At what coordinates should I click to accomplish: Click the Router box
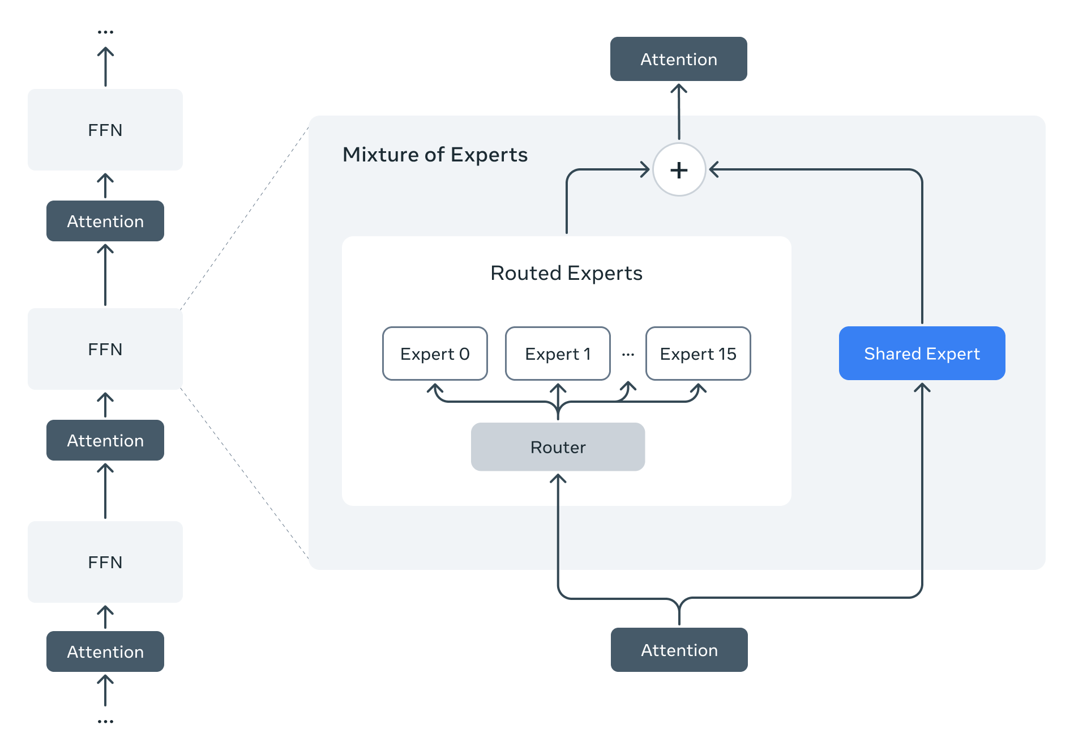pyautogui.click(x=558, y=447)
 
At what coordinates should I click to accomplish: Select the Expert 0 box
pyautogui.click(x=435, y=354)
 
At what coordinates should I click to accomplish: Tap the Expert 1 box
pyautogui.click(x=558, y=354)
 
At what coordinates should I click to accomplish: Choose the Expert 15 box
pyautogui.click(x=698, y=354)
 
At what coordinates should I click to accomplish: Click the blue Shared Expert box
pyautogui.click(x=922, y=354)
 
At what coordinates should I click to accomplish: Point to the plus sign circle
pyautogui.click(x=679, y=169)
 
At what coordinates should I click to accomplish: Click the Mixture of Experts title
pyautogui.click(x=435, y=155)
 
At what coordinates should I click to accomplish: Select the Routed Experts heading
pyautogui.click(x=566, y=273)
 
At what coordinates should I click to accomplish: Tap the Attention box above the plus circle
pyautogui.click(x=678, y=59)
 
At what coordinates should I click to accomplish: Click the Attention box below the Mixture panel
pyautogui.click(x=679, y=650)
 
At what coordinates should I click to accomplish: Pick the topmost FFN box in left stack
pyautogui.click(x=105, y=130)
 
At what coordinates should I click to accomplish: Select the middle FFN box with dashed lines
pyautogui.click(x=105, y=349)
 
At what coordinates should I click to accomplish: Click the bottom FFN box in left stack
pyautogui.click(x=105, y=562)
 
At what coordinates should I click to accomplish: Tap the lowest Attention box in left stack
pyautogui.click(x=105, y=651)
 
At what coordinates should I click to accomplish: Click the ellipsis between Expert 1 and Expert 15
pyautogui.click(x=628, y=355)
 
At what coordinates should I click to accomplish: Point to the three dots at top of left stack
pyautogui.click(x=105, y=32)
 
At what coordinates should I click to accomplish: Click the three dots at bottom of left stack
pyautogui.click(x=105, y=722)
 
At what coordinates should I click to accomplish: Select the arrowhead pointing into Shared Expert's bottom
pyautogui.click(x=922, y=387)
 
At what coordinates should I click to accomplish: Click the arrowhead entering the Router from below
pyautogui.click(x=558, y=479)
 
